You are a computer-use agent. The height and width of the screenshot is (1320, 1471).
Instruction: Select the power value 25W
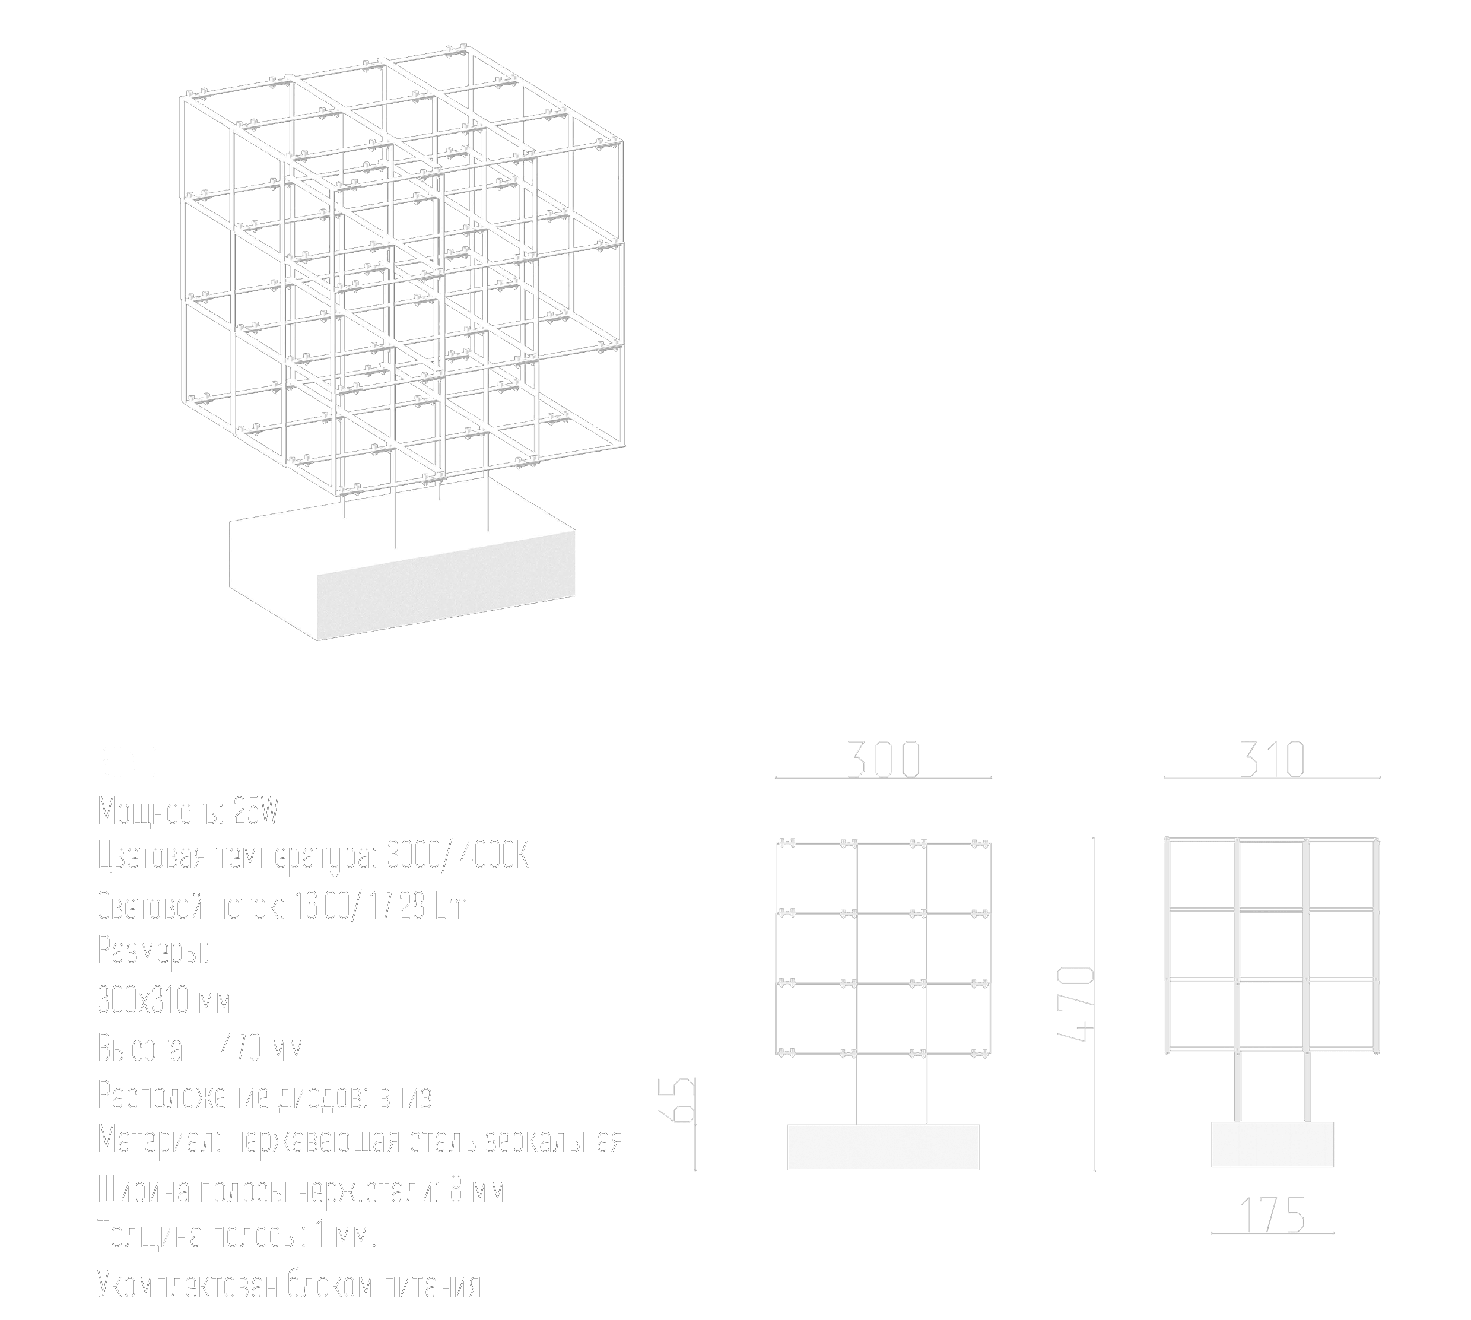click(x=256, y=811)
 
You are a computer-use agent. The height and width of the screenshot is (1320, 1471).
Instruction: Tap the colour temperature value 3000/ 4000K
click(x=458, y=856)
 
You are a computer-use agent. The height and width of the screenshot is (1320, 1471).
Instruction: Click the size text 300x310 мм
click(x=164, y=1001)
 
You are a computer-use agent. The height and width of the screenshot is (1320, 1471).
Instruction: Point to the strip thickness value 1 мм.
click(x=346, y=1235)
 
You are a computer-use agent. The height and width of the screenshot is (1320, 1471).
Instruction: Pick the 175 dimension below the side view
click(x=1272, y=1215)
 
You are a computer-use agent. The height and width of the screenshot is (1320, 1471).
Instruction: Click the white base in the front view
click(x=883, y=1147)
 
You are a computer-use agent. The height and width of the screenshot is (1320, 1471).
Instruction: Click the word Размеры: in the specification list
click(x=153, y=951)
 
